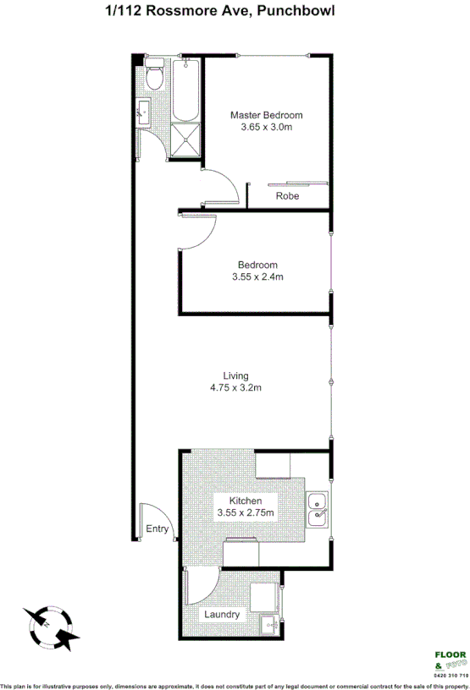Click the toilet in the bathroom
click(x=154, y=77)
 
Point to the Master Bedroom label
click(x=267, y=115)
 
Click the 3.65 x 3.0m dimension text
click(x=267, y=128)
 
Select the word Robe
click(x=286, y=196)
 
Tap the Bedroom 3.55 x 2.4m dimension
click(x=257, y=277)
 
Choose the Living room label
click(x=235, y=375)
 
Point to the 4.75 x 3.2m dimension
click(x=235, y=388)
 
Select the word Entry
click(x=157, y=530)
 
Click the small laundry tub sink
click(x=268, y=626)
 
